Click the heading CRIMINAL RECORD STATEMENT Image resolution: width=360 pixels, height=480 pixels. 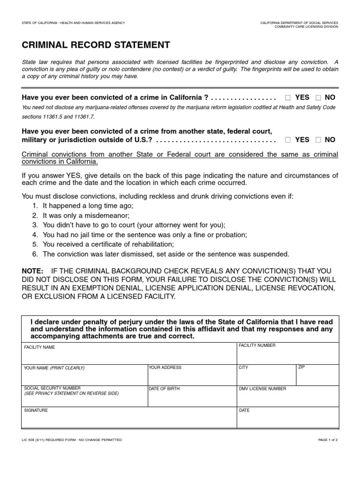[x=96, y=45]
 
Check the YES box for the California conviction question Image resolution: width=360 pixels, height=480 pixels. [x=288, y=97]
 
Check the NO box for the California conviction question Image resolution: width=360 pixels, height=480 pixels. [x=318, y=97]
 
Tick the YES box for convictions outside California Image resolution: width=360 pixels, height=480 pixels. [x=288, y=140]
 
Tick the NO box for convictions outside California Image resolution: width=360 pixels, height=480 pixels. [x=318, y=140]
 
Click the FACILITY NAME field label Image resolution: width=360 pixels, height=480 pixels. [x=39, y=347]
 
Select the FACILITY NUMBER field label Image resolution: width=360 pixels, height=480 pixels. [x=257, y=345]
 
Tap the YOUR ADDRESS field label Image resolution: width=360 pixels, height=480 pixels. [x=165, y=367]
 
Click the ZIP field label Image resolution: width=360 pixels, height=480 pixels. [x=301, y=367]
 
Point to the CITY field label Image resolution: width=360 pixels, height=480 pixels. [x=243, y=367]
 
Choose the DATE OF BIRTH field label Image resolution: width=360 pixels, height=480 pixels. [x=164, y=389]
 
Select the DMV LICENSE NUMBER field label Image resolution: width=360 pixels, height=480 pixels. [x=262, y=389]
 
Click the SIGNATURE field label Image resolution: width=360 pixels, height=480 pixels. [x=36, y=410]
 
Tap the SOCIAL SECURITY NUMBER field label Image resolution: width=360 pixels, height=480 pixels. [x=52, y=388]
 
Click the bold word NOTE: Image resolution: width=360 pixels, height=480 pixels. [x=32, y=271]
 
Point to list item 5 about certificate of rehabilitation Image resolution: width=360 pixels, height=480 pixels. [x=108, y=244]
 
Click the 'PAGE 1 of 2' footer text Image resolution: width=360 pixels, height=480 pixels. [x=324, y=440]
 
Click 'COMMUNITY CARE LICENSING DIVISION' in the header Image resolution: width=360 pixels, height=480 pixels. [x=306, y=27]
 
